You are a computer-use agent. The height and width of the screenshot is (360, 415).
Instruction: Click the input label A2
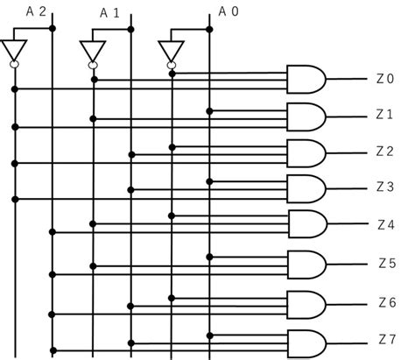point(36,11)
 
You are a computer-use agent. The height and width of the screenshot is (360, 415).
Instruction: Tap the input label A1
point(109,13)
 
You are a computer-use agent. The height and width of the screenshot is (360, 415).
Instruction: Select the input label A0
point(229,11)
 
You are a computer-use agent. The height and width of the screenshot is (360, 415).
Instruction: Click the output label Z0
point(385,79)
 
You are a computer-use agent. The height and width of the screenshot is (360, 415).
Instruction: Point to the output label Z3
point(385,187)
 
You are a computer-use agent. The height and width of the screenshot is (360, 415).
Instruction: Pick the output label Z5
point(387,264)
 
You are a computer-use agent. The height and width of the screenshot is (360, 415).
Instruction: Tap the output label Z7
point(387,339)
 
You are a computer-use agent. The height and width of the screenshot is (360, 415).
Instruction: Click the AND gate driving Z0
point(306,79)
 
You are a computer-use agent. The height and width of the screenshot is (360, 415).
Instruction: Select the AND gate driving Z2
point(306,153)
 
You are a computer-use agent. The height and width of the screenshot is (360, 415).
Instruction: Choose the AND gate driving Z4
point(307,224)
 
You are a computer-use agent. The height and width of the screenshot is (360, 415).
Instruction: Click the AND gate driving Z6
point(306,305)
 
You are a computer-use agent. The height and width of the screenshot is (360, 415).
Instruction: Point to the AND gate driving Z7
point(307,344)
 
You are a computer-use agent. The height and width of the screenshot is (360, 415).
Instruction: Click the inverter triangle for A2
point(14,50)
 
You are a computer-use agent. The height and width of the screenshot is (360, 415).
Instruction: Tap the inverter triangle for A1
point(92,50)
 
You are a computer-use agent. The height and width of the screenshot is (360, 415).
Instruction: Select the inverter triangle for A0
point(171,51)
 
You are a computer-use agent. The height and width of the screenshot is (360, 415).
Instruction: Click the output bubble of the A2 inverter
point(14,64)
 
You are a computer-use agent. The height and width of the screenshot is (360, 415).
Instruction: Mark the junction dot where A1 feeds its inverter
point(130,29)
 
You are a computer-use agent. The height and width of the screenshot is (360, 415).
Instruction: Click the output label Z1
point(384,115)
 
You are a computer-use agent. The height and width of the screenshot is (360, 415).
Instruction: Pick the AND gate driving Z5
point(306,265)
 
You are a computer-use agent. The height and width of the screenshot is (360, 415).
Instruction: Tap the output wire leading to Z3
point(347,188)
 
